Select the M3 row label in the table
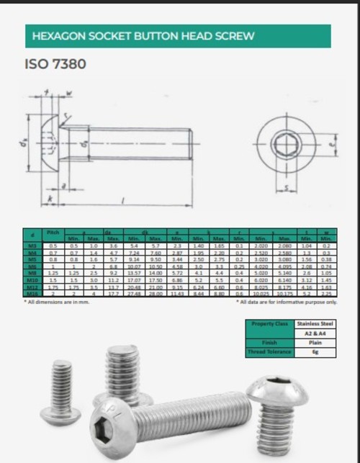coord(32,246)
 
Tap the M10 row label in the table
coord(32,279)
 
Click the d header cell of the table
coord(32,236)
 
